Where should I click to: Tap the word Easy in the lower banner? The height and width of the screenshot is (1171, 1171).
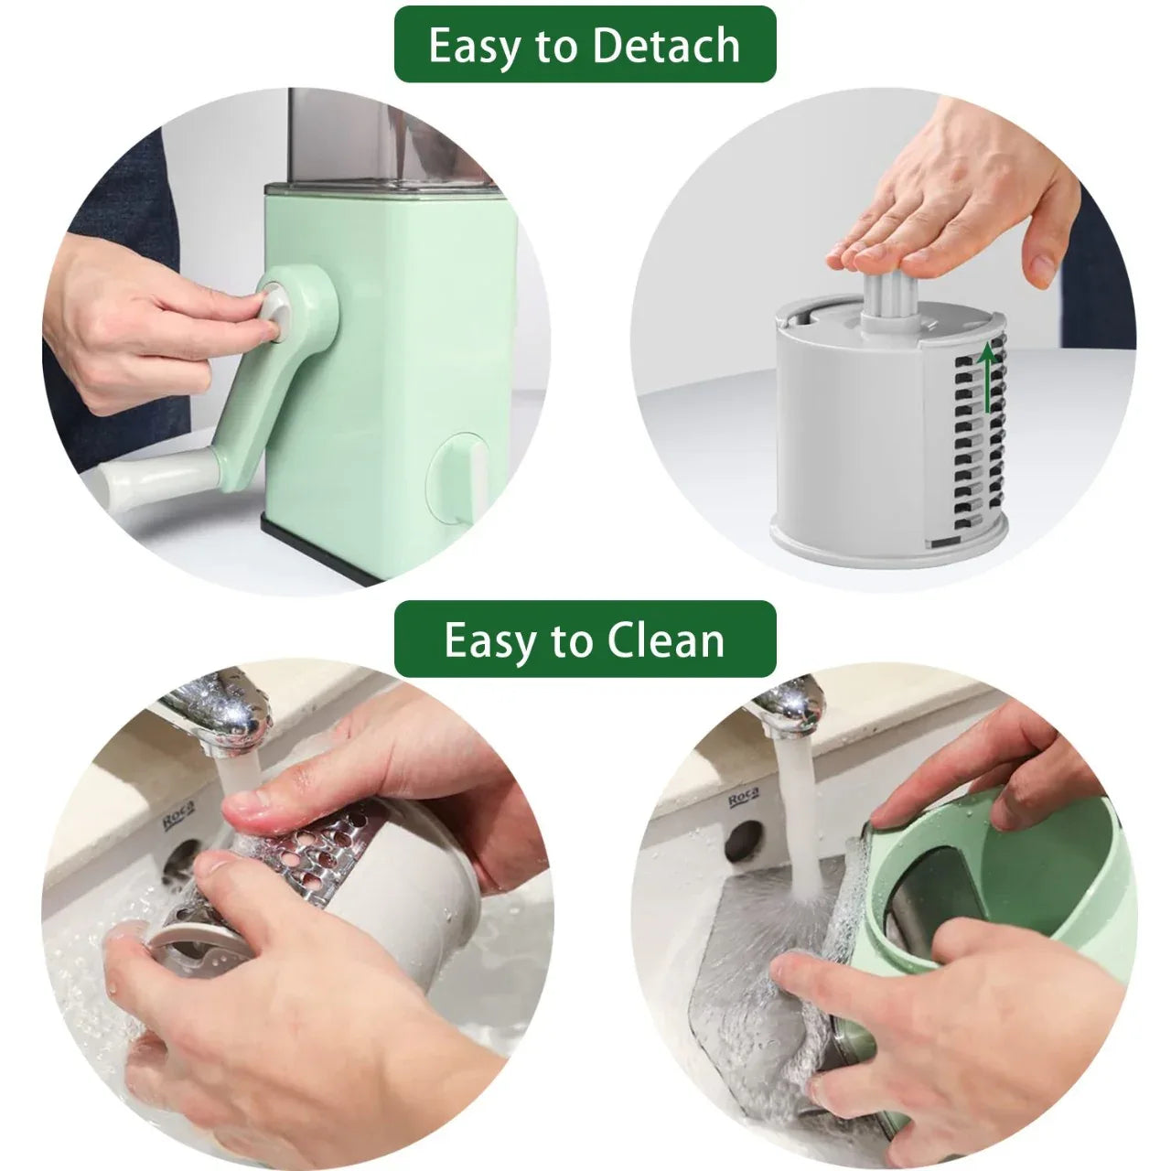(x=489, y=642)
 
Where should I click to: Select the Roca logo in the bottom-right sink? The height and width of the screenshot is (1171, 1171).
(x=744, y=798)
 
